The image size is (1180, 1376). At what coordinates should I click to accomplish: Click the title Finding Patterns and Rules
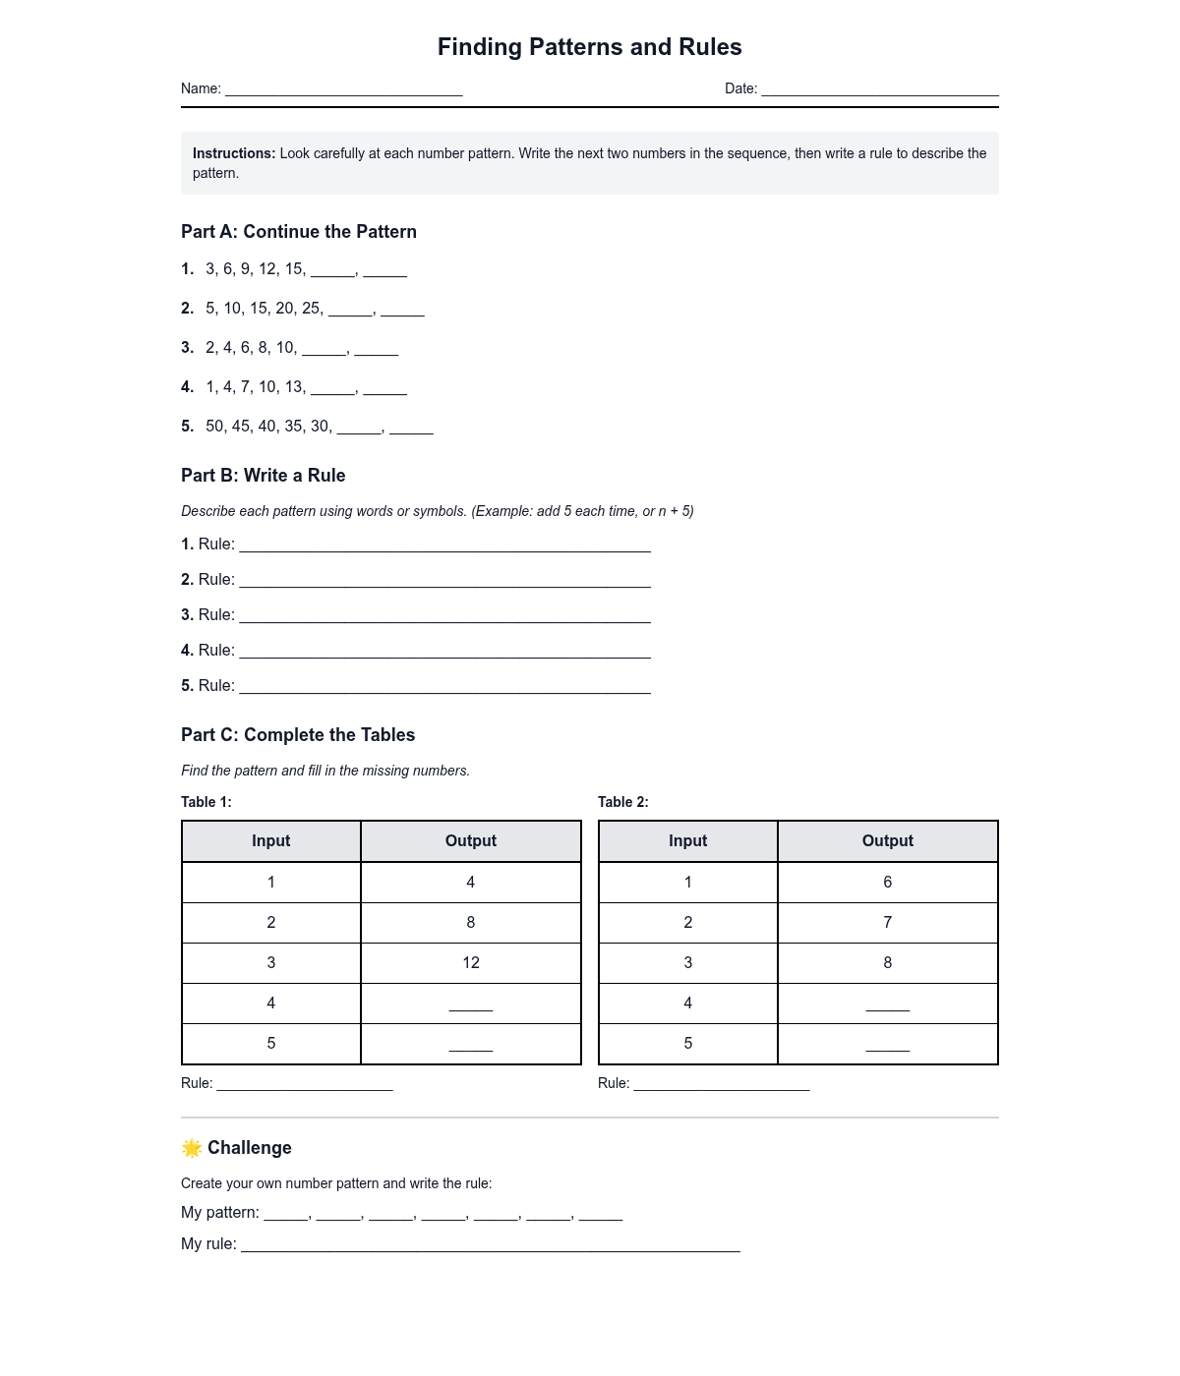(x=589, y=47)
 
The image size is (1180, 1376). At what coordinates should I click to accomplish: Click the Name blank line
(x=344, y=90)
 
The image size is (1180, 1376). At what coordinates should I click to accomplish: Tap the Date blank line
(x=880, y=90)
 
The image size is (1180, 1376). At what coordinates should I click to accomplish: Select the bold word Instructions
(x=234, y=153)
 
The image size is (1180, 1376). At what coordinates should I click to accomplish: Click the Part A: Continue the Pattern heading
(x=299, y=232)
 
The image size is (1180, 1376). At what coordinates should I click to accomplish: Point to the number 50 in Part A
(x=215, y=427)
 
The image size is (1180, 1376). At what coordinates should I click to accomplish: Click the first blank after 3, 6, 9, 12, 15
(x=332, y=272)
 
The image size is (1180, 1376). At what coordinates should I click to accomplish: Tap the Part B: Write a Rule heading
(x=264, y=476)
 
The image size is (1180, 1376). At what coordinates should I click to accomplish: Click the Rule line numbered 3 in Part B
(x=444, y=617)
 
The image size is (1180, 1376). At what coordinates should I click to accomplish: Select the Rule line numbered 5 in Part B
(x=444, y=688)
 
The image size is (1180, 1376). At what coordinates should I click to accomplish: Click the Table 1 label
(x=206, y=802)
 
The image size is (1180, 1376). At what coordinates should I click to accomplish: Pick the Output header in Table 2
(x=887, y=841)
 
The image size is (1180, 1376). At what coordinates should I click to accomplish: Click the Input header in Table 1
(x=271, y=841)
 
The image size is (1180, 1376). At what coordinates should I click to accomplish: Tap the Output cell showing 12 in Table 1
(x=471, y=963)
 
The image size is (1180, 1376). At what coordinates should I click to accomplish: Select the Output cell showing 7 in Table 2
(x=887, y=923)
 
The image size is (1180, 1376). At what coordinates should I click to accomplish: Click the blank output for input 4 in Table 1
(x=471, y=1005)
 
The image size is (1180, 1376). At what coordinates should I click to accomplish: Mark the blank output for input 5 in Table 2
(x=887, y=1046)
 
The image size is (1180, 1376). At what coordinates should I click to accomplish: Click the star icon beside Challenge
(x=192, y=1148)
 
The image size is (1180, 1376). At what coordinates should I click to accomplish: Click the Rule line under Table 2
(x=722, y=1086)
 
